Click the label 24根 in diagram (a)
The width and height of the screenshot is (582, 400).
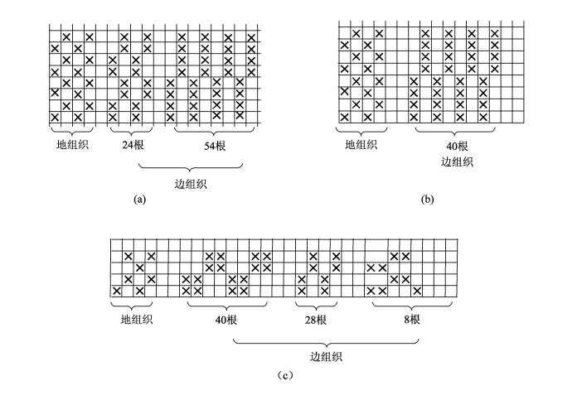tap(130, 146)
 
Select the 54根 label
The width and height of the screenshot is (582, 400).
tap(215, 146)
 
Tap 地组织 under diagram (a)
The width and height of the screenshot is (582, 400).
tap(72, 144)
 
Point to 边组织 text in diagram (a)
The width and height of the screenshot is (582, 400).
tap(191, 184)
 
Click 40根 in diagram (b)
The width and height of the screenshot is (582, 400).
tap(457, 146)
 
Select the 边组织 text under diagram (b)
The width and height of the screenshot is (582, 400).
tap(457, 161)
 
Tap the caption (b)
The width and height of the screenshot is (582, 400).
tap(428, 200)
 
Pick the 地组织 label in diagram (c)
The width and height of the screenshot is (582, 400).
tap(137, 319)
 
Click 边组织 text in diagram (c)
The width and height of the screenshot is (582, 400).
tap(327, 357)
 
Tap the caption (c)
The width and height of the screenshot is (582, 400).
tap(284, 375)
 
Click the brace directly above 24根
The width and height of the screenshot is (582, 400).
tap(130, 132)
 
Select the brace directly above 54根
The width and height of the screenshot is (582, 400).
tap(215, 132)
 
